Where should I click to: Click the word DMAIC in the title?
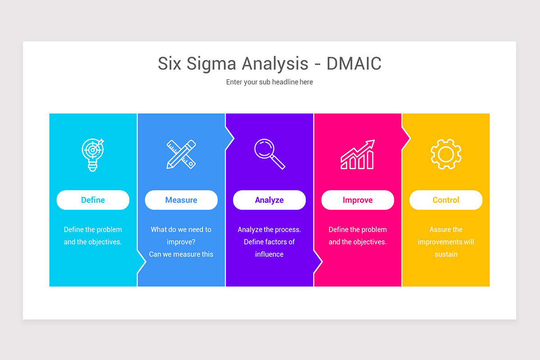(354, 63)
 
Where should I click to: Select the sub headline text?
(269, 82)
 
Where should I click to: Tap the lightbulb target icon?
(93, 154)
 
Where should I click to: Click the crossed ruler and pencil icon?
(181, 154)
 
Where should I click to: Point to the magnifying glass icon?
(269, 154)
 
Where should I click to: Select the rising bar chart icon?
(357, 154)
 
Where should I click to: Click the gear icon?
(445, 154)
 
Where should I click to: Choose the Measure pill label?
(181, 200)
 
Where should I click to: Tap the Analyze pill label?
(269, 200)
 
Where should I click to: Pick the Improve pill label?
(357, 200)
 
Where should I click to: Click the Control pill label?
(445, 200)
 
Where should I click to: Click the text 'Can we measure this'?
(181, 254)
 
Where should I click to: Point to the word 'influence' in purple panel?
(269, 254)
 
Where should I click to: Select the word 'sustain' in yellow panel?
(445, 254)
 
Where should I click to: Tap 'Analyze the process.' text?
(269, 229)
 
